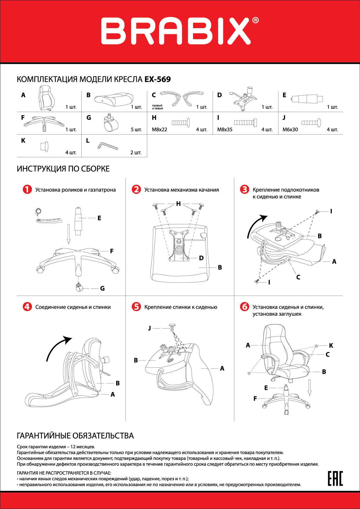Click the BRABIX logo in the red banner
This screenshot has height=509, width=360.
180,31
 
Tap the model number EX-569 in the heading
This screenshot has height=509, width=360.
158,79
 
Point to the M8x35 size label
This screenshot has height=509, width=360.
225,129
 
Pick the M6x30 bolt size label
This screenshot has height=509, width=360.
290,129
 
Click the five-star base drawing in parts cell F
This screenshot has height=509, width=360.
44,123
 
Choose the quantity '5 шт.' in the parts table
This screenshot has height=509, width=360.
136,129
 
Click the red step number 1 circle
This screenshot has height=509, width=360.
27,190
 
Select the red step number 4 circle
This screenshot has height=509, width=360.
27,307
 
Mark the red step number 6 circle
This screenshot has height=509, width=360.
244,307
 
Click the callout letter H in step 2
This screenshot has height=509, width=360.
178,204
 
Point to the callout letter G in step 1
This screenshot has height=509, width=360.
102,288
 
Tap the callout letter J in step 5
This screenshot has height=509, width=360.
150,328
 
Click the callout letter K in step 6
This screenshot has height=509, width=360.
331,345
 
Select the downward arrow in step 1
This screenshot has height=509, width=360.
69,234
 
